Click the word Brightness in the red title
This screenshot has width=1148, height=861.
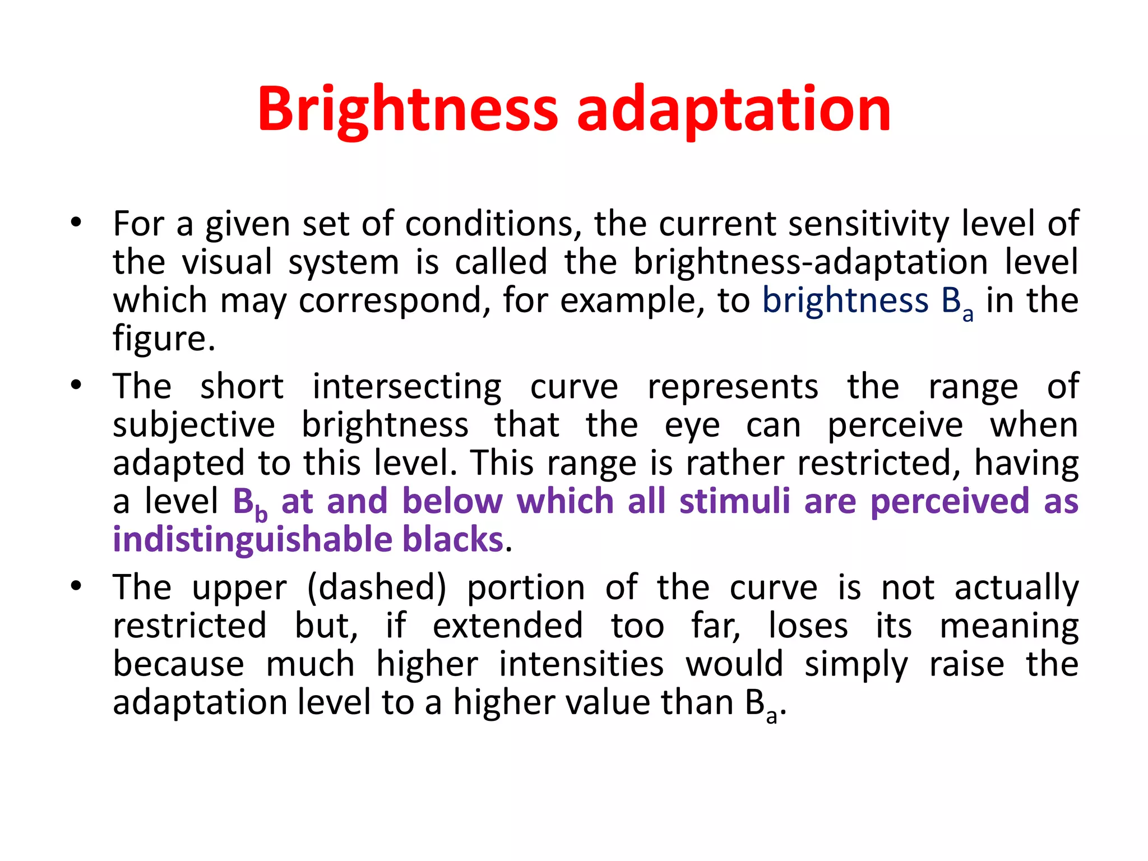(408, 109)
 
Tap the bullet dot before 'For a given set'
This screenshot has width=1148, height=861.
(76, 223)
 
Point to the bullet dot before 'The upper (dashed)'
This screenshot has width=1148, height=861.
(76, 586)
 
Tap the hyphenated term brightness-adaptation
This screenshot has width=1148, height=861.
(810, 262)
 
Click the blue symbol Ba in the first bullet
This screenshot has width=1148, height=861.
(956, 303)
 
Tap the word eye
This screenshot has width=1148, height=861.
(692, 426)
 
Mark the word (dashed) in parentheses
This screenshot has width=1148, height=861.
(377, 587)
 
